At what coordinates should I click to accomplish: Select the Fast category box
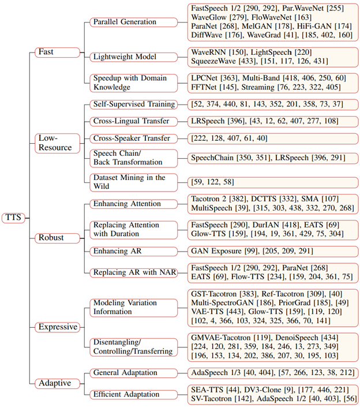[x=47, y=52]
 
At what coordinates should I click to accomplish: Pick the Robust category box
[x=52, y=237]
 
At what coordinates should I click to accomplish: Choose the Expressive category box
[x=58, y=327]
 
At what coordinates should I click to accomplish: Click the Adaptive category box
[x=54, y=382]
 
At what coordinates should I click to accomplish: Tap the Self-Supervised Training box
[x=133, y=104]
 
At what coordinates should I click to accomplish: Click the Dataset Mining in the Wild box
[x=130, y=182]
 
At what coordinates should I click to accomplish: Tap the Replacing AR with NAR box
[x=133, y=272]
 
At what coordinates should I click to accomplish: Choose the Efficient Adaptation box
[x=128, y=394]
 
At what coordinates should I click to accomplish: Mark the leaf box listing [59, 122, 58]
[x=215, y=182]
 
